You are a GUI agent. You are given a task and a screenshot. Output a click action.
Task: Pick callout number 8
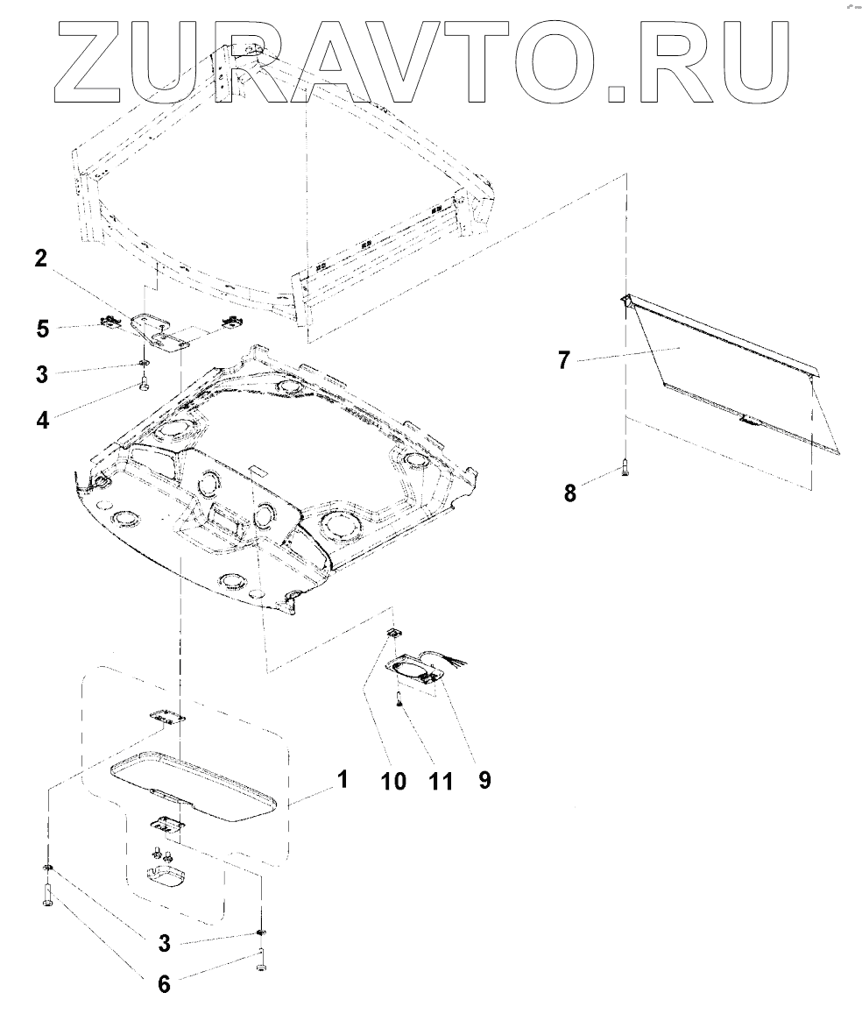click(x=570, y=493)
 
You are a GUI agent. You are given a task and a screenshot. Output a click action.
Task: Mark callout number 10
click(x=393, y=779)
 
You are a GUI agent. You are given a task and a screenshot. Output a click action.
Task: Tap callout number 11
click(x=440, y=779)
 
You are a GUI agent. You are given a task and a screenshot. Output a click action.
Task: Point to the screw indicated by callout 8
click(x=625, y=469)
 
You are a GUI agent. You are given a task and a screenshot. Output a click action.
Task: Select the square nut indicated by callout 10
click(x=394, y=634)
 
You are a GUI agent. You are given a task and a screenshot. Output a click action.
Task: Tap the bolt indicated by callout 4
click(x=143, y=383)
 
